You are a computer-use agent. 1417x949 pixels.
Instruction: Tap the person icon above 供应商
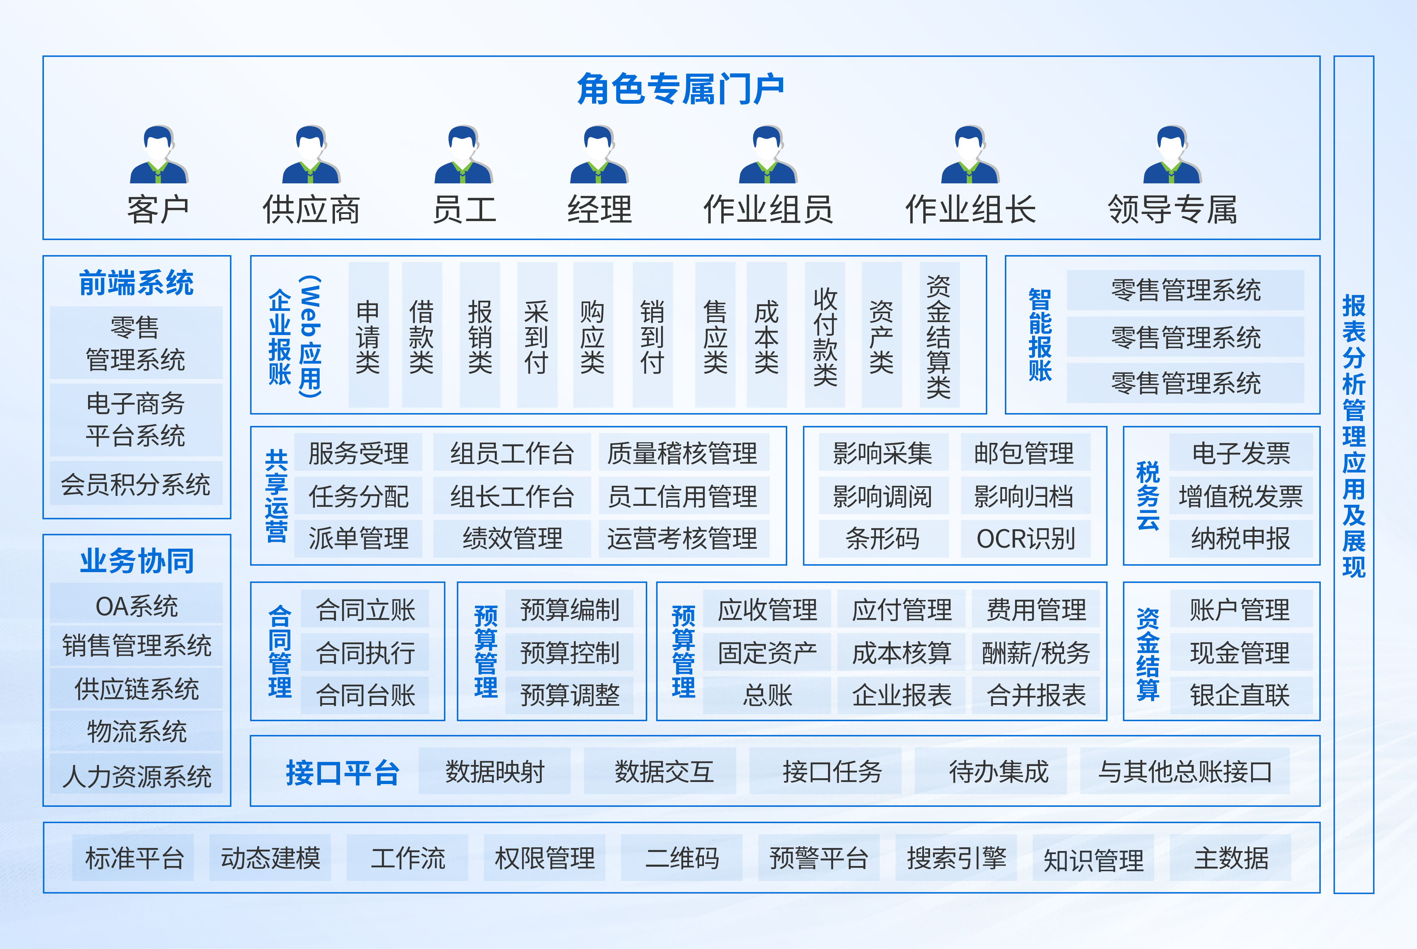pos(311,155)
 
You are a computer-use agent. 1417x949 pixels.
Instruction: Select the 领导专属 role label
pos(1172,210)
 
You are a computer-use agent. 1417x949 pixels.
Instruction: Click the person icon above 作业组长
pos(970,155)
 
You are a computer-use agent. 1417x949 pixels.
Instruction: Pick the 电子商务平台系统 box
pos(136,419)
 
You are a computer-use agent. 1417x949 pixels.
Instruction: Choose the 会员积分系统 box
pos(136,484)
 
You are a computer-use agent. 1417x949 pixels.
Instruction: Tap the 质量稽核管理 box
pos(682,453)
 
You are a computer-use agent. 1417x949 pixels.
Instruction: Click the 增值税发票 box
pos(1240,496)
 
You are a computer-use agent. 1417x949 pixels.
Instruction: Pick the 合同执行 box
pos(366,652)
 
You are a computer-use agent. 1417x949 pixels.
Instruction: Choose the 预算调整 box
pos(569,695)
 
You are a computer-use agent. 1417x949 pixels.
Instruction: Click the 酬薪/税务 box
pos(1036,652)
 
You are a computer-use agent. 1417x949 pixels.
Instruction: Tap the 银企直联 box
pos(1240,695)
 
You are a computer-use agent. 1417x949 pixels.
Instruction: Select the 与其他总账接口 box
pos(1185,772)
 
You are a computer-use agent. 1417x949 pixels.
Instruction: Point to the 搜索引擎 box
pos(956,858)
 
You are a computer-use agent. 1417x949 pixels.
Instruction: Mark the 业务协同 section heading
pos(137,561)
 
